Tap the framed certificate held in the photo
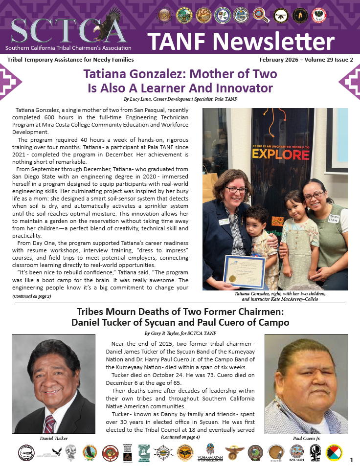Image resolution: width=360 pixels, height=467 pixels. pos(244,272)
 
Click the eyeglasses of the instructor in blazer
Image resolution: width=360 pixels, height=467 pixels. pos(236,190)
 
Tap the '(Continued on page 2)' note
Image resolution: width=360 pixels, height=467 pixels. pos(32,296)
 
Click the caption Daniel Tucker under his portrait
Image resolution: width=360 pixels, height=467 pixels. pos(53,438)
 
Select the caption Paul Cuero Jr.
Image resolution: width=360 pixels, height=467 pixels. pos(306,438)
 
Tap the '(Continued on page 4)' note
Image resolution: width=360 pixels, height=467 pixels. pos(180,436)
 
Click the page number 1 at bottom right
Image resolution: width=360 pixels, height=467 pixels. pos(351,460)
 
